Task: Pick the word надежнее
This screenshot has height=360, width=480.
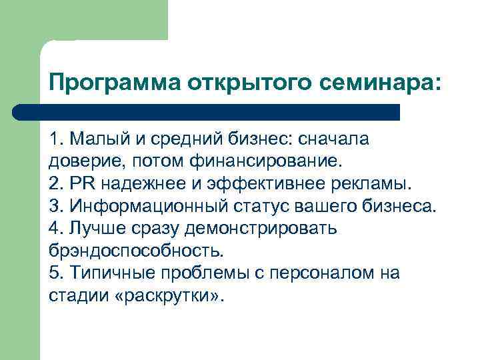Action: [x=139, y=184]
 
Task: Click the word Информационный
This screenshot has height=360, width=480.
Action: [x=141, y=206]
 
